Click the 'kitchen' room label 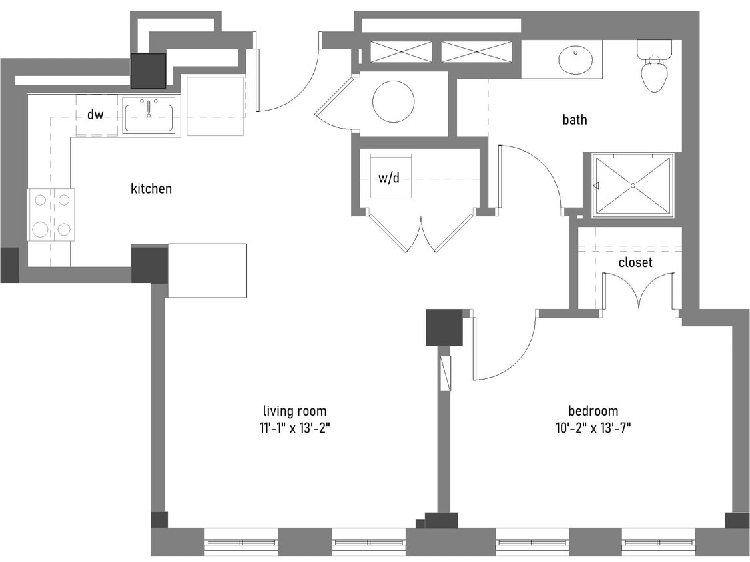(151, 189)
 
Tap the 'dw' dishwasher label (95, 115)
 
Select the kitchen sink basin (149, 116)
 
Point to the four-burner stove (51, 214)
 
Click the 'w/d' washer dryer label (390, 178)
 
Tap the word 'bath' (575, 120)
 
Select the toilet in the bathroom (654, 67)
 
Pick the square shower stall (633, 185)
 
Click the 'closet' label (635, 263)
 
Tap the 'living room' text (294, 411)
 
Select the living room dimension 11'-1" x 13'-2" (295, 428)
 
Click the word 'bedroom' (593, 411)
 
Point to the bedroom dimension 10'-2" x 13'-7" (593, 428)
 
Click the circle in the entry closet (393, 101)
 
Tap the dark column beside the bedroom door (444, 328)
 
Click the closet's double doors (639, 291)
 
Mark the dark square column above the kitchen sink (148, 71)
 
